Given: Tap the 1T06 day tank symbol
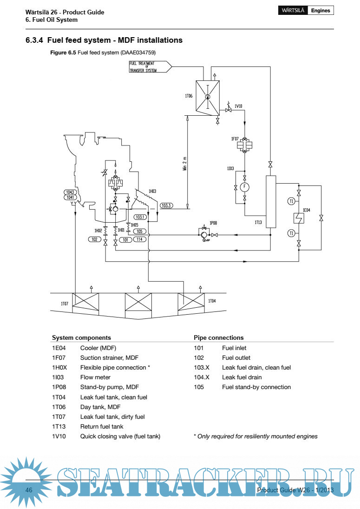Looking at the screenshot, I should click(207, 97).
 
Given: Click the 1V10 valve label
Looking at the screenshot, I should click(238, 106).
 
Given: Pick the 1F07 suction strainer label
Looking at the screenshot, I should click(235, 139).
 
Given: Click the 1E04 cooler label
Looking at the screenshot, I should click(306, 210).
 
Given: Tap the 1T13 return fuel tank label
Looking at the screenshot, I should click(258, 222).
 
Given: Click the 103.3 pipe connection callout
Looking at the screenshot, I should click(166, 205).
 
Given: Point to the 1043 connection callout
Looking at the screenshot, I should click(70, 192).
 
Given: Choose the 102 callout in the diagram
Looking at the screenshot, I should click(94, 239).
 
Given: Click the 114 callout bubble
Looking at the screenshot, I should click(139, 239).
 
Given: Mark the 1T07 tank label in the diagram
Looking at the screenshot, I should click(65, 303).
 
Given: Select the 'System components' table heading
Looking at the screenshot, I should click(81, 338).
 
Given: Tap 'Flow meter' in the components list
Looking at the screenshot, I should click(95, 377).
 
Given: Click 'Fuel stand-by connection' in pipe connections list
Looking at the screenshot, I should click(256, 387).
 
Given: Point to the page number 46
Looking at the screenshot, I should click(29, 491).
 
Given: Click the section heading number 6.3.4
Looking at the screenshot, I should click(34, 40).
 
